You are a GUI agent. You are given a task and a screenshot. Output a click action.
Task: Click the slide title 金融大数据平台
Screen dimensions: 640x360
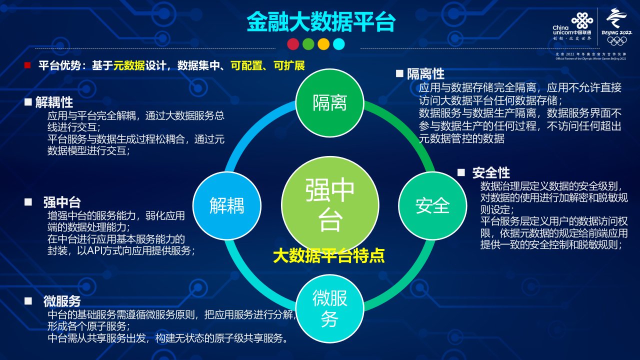coord(321,21)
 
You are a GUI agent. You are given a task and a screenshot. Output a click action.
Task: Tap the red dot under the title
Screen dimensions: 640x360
coord(293,44)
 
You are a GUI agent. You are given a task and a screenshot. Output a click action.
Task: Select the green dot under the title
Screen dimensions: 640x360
coord(308,44)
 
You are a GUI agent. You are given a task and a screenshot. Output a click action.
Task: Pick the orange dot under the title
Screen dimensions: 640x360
coord(323,44)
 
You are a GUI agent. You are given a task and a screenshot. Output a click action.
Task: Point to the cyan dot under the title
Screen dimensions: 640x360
coord(339,44)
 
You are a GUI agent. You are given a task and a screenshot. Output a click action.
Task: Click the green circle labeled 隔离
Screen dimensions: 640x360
coord(329,102)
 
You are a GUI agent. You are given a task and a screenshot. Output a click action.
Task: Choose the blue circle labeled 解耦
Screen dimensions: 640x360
coord(227,205)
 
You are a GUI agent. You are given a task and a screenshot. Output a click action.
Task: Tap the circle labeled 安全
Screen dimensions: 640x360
coord(432,205)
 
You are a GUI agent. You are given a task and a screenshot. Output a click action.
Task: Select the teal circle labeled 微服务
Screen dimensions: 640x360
coord(329,308)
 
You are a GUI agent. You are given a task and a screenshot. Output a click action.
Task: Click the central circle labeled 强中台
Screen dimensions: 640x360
coord(330,205)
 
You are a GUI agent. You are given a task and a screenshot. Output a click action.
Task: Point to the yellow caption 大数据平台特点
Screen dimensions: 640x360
coord(328,255)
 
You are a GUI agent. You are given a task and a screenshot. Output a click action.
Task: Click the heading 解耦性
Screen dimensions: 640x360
coord(54,102)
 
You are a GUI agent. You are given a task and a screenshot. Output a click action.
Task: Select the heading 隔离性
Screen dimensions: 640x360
coord(425,73)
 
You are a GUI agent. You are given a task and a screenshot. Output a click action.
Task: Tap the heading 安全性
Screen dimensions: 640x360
coord(491,173)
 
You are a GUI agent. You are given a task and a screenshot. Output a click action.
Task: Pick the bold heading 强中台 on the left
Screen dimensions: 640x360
coord(62,202)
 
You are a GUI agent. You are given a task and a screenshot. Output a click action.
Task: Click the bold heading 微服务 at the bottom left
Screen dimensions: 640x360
coord(62,301)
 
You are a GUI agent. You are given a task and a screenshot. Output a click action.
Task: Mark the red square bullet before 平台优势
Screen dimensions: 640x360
coord(27,65)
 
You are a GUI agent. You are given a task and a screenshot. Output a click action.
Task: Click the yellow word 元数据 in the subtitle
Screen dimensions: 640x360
coord(129,65)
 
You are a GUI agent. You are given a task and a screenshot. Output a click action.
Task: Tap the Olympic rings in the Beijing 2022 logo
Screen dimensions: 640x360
coord(617,41)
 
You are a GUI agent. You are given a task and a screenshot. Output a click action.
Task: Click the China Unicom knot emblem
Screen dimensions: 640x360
coord(582,21)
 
